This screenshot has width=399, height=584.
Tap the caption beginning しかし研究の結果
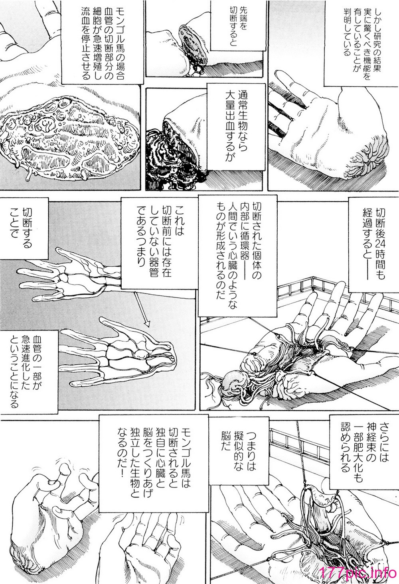361,43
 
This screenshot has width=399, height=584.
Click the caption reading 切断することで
24,228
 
